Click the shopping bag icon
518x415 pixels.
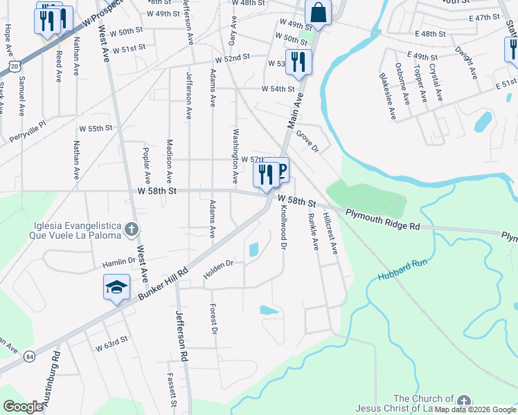pos(318,12)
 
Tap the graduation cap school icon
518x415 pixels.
pos(116,287)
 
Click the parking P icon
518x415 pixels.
pos(280,170)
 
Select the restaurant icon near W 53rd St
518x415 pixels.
pos(298,62)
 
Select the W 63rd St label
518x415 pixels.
pos(112,342)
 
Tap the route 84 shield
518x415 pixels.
pos(28,356)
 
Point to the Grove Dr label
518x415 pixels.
pos(306,142)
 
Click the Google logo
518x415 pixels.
pos(24,407)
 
